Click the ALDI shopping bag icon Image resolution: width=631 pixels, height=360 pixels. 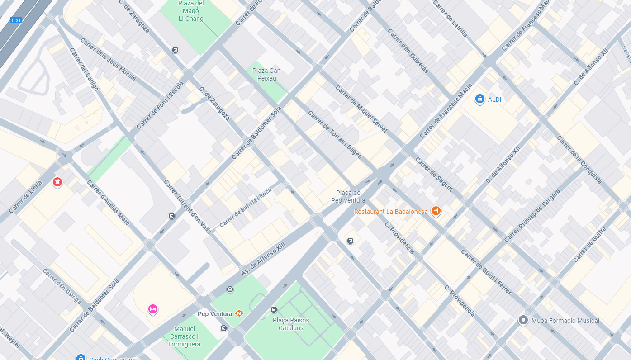click(480, 99)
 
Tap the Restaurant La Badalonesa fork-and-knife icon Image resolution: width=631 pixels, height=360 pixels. click(436, 211)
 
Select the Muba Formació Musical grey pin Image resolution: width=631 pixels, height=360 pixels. click(523, 320)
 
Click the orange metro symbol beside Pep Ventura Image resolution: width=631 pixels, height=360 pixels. click(239, 313)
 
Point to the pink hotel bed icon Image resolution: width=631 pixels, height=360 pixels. click(153, 309)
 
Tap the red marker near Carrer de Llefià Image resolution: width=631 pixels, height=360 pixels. click(57, 182)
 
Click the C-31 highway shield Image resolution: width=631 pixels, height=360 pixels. click(16, 20)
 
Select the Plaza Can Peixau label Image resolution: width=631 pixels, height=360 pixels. click(266, 74)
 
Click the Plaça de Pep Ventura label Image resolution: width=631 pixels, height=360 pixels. click(348, 196)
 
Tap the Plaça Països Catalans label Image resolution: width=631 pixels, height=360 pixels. click(291, 324)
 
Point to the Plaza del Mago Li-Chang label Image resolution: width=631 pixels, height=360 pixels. click(191, 11)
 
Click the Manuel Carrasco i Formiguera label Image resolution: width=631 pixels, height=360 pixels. click(185, 336)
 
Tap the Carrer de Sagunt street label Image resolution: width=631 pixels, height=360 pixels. click(433, 174)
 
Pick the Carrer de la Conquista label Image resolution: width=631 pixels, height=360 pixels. click(579, 160)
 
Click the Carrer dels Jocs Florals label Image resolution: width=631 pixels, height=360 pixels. click(108, 59)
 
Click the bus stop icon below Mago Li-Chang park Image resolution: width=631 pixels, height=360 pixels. click(175, 50)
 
